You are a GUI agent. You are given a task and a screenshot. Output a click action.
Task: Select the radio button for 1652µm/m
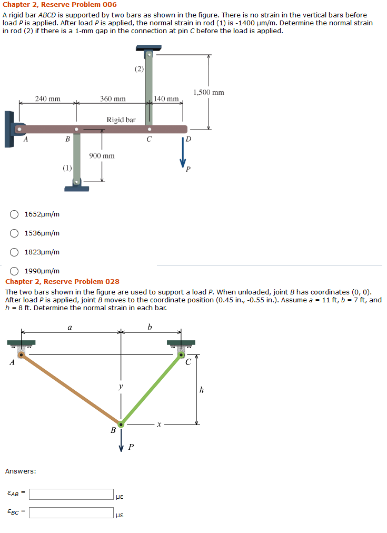coord(15,214)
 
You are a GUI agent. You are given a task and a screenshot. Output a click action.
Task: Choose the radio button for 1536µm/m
coord(15,233)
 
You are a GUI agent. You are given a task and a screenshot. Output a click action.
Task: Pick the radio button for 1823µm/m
coord(15,252)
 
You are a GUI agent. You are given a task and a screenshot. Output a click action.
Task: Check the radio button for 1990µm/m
coord(15,271)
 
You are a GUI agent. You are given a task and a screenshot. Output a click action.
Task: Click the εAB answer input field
coord(71,494)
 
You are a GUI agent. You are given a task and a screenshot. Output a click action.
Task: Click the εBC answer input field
coord(71,512)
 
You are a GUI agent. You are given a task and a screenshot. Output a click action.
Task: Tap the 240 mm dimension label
coord(47,98)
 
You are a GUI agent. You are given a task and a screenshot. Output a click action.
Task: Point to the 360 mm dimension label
coord(113,98)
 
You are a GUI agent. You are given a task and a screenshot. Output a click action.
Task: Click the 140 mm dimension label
coord(166,98)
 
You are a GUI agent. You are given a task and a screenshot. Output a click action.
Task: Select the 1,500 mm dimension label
coord(209,93)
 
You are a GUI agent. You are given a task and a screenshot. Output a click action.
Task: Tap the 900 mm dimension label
coord(102,156)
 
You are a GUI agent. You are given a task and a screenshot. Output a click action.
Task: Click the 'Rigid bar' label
coord(121,120)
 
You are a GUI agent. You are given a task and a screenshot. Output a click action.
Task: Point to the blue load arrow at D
coord(184,153)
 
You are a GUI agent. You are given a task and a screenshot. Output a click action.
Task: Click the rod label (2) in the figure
coord(138,69)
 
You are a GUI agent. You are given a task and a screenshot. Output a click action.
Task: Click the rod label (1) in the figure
coord(67,168)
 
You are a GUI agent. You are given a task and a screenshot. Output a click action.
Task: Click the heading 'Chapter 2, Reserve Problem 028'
coord(62,282)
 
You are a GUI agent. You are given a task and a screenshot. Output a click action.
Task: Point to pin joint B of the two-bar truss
coord(121,423)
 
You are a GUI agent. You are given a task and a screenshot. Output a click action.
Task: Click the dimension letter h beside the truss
coord(201,390)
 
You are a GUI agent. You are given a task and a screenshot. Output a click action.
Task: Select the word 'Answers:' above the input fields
coord(21,471)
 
